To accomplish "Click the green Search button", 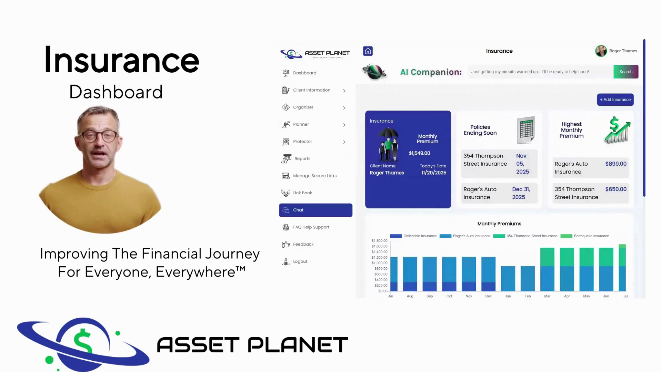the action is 626,72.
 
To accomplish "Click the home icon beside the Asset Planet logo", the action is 368,51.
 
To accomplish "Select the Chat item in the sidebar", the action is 315,210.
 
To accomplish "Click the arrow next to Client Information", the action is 344,91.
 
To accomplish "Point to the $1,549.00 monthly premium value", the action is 419,153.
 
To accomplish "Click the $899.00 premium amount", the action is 616,164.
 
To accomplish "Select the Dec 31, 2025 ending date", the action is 521,193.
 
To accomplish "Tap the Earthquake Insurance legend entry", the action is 585,236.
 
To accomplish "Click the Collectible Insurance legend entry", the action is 413,236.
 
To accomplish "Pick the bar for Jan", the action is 508,278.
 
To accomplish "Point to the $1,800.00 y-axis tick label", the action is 379,241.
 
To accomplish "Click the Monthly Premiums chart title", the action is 499,224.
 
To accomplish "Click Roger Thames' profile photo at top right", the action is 601,51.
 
